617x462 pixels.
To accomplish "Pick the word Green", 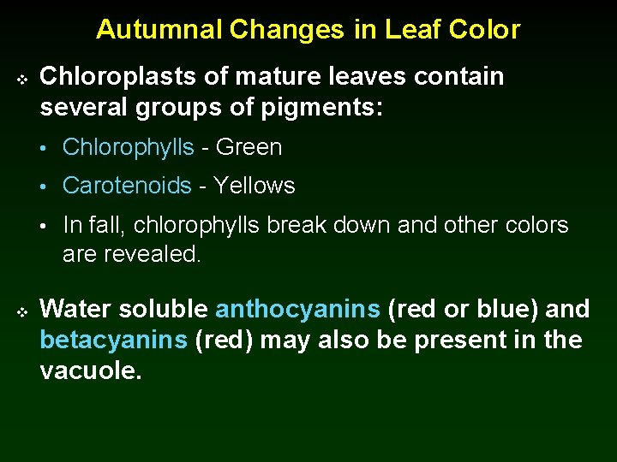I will [x=249, y=147].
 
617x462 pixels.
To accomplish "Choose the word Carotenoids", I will [x=127, y=186].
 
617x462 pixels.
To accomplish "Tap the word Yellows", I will [x=254, y=186].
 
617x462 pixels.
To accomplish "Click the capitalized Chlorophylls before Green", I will [x=129, y=147].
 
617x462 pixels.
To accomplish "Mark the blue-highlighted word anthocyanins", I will [x=297, y=309].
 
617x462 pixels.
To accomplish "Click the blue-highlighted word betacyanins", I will [x=113, y=340].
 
